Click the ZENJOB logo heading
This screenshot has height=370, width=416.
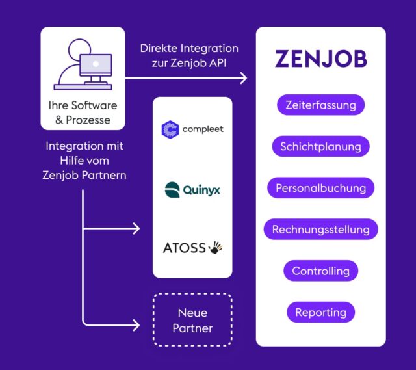pos(320,59)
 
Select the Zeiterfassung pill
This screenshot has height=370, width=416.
pos(320,105)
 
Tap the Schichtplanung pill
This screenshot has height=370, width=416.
pos(320,146)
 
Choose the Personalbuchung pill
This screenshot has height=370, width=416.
pos(320,188)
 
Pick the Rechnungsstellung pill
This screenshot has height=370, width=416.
pos(320,229)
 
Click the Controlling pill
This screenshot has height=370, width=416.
pos(320,271)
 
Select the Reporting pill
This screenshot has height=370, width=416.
pos(320,312)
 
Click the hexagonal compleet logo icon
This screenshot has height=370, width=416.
pos(170,129)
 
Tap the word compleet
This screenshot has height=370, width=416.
pos(202,129)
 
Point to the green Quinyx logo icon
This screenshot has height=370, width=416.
pos(172,190)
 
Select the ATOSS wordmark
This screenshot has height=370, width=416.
pos(184,248)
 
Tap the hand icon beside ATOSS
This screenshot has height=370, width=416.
pos(216,247)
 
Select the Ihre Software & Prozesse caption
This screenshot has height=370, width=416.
pos(83,112)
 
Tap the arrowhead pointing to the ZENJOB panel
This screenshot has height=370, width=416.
pos(244,79)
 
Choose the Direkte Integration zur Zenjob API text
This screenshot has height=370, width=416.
pos(189,55)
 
